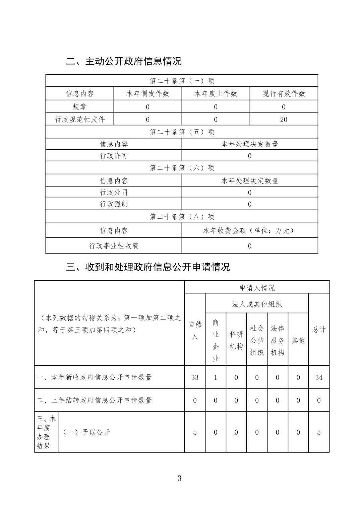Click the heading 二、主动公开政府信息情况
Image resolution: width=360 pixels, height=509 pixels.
pyautogui.click(x=124, y=62)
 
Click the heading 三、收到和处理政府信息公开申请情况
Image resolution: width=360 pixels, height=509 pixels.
pyautogui.click(x=148, y=267)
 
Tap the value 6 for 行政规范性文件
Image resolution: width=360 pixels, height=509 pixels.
pyautogui.click(x=148, y=120)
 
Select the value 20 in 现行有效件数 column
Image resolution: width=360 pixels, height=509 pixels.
pyautogui.click(x=284, y=120)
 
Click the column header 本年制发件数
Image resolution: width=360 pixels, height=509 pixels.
pyautogui.click(x=148, y=94)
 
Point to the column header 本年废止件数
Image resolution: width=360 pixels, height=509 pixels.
pyautogui.click(x=216, y=94)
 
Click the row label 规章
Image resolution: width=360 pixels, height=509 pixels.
pyautogui.click(x=80, y=107)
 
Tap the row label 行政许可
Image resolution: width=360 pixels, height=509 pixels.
pyautogui.click(x=114, y=156)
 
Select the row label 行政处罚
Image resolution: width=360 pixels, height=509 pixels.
pyautogui.click(x=114, y=192)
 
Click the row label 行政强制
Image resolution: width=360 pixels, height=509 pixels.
pyautogui.click(x=114, y=204)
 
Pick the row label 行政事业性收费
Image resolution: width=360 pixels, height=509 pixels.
pyautogui.click(x=114, y=246)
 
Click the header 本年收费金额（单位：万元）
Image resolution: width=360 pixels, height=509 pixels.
pyautogui.click(x=249, y=230)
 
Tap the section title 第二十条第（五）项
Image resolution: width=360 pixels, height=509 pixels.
pyautogui.click(x=182, y=132)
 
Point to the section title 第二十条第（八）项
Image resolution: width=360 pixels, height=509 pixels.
pyautogui.click(x=182, y=217)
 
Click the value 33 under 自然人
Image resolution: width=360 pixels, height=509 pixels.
pyautogui.click(x=195, y=377)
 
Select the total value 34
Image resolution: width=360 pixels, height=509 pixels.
pyautogui.click(x=319, y=377)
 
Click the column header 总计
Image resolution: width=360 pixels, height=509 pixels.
pyautogui.click(x=319, y=330)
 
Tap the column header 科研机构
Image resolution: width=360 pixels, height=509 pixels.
pyautogui.click(x=236, y=340)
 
